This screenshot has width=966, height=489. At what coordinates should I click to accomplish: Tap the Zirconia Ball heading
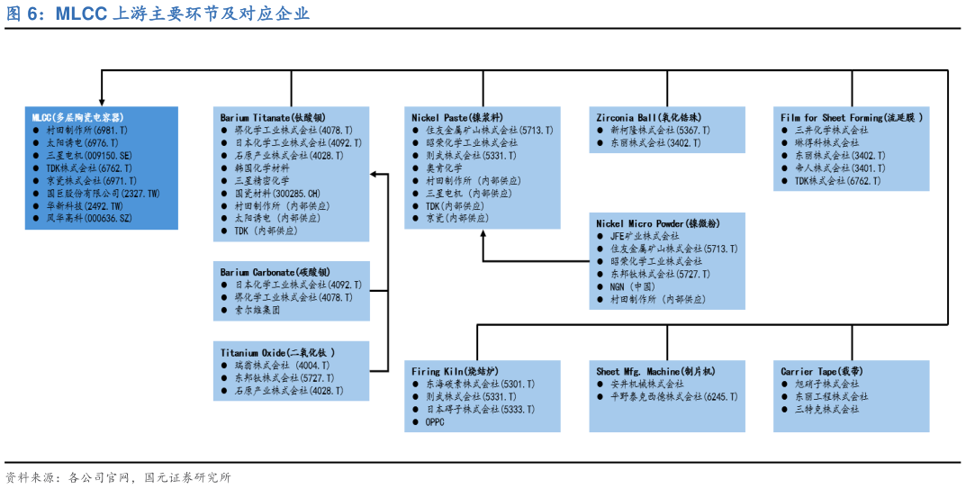click(x=649, y=118)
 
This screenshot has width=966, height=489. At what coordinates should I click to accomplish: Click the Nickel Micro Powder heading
click(x=658, y=223)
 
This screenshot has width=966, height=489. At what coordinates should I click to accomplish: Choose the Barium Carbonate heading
click(x=275, y=272)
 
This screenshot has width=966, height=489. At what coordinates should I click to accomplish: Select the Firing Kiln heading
click(x=456, y=371)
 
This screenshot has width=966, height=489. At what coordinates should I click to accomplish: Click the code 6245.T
click(x=714, y=396)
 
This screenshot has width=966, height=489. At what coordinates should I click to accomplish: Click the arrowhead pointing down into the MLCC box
click(x=102, y=101)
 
